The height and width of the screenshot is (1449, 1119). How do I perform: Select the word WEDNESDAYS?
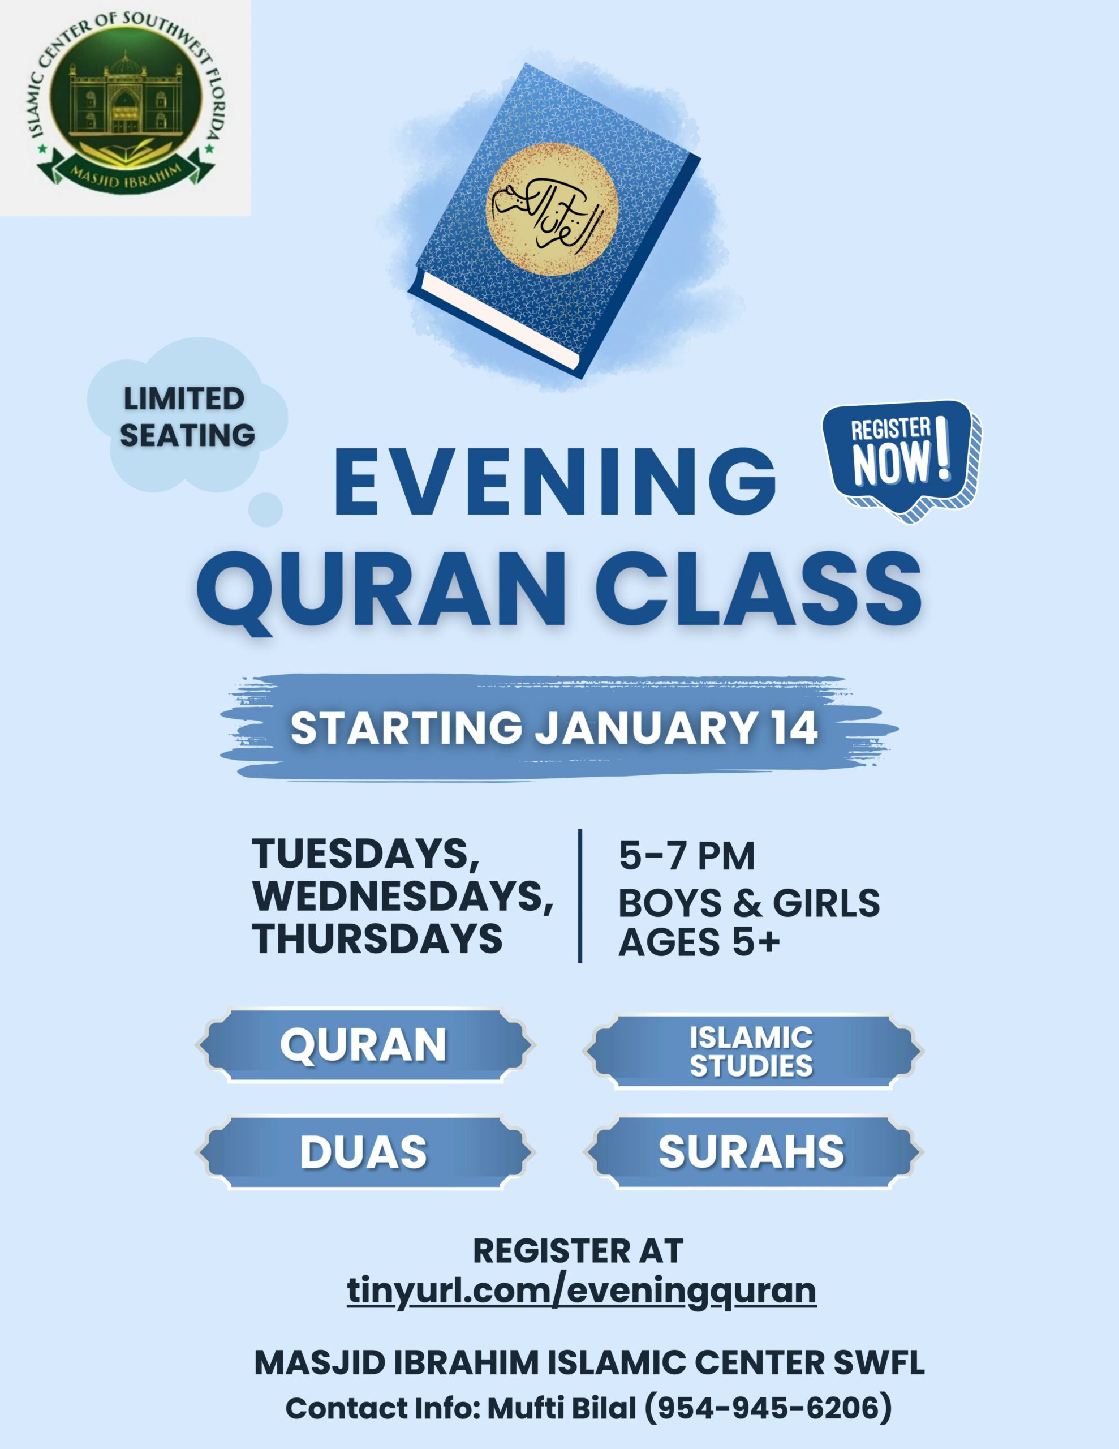coord(403,897)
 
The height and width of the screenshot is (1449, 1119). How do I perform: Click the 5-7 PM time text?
coord(687,856)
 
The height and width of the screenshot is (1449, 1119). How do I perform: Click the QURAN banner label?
coord(364,1045)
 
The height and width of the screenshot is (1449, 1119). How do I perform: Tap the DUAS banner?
coord(364,1152)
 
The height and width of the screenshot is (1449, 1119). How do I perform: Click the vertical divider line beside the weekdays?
coord(580,895)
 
